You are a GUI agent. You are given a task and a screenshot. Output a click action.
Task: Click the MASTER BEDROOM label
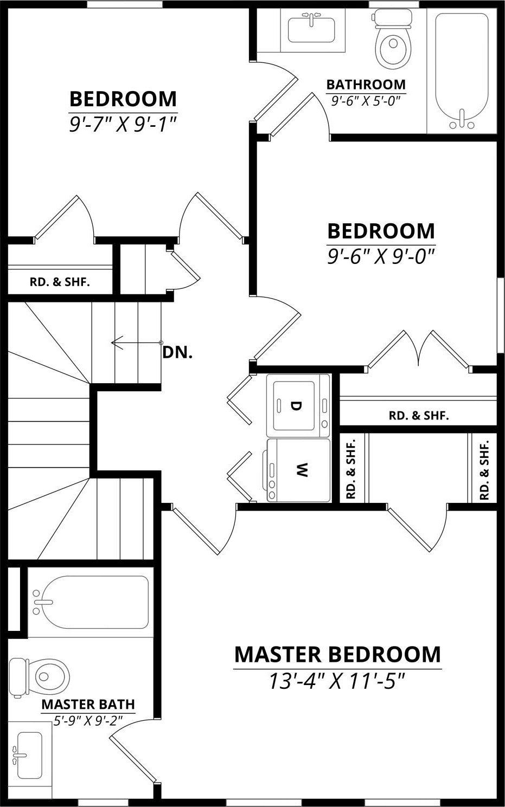coord(337,655)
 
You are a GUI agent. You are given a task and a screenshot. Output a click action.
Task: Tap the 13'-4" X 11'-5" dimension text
coord(337,681)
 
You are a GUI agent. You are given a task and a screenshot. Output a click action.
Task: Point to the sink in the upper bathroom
coord(312,28)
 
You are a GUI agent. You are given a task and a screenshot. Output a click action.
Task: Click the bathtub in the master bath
coord(90,602)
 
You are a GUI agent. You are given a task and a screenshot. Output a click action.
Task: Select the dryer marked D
coord(298,405)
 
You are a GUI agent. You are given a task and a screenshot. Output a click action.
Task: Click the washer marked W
coord(298,470)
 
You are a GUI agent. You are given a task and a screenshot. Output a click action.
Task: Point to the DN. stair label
coord(177,353)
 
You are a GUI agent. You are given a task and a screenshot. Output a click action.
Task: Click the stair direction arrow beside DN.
coord(137,342)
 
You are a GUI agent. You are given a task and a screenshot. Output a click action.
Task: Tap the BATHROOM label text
coord(366,85)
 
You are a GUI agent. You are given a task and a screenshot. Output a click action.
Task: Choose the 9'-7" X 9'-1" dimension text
coord(123,124)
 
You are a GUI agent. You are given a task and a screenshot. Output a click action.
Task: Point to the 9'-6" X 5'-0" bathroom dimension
coord(366,101)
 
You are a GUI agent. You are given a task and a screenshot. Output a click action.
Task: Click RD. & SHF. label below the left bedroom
coord(60,282)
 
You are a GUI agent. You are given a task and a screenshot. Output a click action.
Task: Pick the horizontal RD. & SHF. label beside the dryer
coord(419,416)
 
